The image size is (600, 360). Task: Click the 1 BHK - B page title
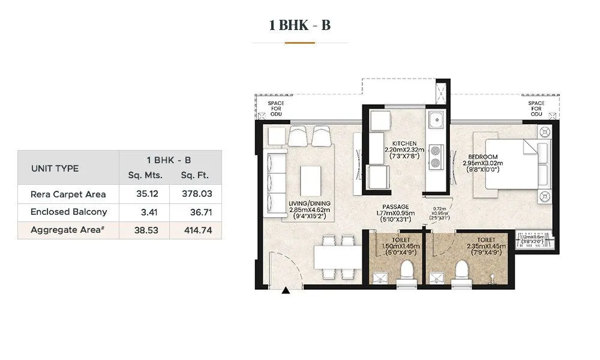[x=299, y=25]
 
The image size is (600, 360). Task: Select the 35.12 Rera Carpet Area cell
[x=144, y=194]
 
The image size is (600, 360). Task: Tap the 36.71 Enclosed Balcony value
[x=196, y=212]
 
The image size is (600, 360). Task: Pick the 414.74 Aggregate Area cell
[x=196, y=230]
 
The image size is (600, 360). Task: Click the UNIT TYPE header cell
[x=55, y=168]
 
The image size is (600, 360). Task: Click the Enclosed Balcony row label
[x=68, y=212]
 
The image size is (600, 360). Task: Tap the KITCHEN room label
[x=404, y=143]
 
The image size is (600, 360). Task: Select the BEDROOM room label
[x=480, y=157]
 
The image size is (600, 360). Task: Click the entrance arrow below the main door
[x=286, y=291]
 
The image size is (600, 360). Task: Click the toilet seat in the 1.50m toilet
[x=407, y=271]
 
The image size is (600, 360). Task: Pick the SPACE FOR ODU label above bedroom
[x=536, y=108]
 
